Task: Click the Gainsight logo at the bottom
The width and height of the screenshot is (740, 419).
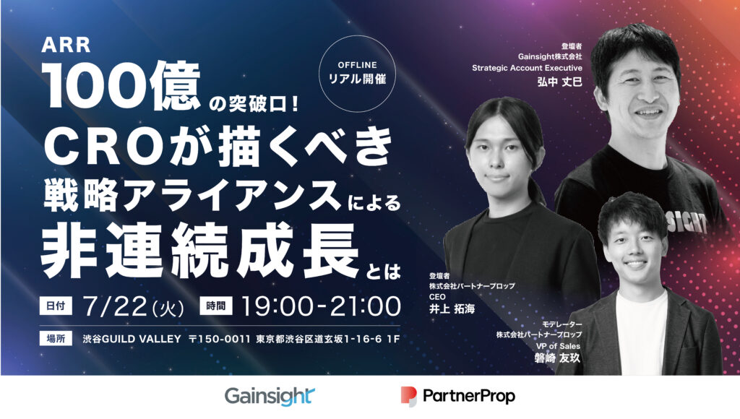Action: [270, 397]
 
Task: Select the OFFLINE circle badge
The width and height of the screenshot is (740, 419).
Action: [357, 74]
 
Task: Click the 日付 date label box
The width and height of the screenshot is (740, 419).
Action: [56, 306]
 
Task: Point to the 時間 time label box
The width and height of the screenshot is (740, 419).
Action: [215, 306]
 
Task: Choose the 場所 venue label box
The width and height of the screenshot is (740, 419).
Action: [56, 338]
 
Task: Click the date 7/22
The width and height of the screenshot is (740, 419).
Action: [115, 306]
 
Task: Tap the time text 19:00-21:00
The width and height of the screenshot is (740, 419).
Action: [321, 306]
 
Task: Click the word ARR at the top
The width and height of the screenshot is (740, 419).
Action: [66, 46]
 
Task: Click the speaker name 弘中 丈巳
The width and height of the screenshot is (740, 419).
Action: [559, 82]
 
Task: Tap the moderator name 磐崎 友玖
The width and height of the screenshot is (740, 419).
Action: [557, 358]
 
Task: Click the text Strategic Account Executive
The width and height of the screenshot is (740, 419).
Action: [527, 68]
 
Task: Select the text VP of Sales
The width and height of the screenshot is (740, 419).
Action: [558, 346]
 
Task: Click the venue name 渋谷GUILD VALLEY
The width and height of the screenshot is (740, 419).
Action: [132, 339]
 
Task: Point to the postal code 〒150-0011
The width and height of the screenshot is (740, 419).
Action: [220, 339]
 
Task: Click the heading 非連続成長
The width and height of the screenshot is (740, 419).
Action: [199, 251]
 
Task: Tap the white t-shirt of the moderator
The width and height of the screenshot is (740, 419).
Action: [642, 330]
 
